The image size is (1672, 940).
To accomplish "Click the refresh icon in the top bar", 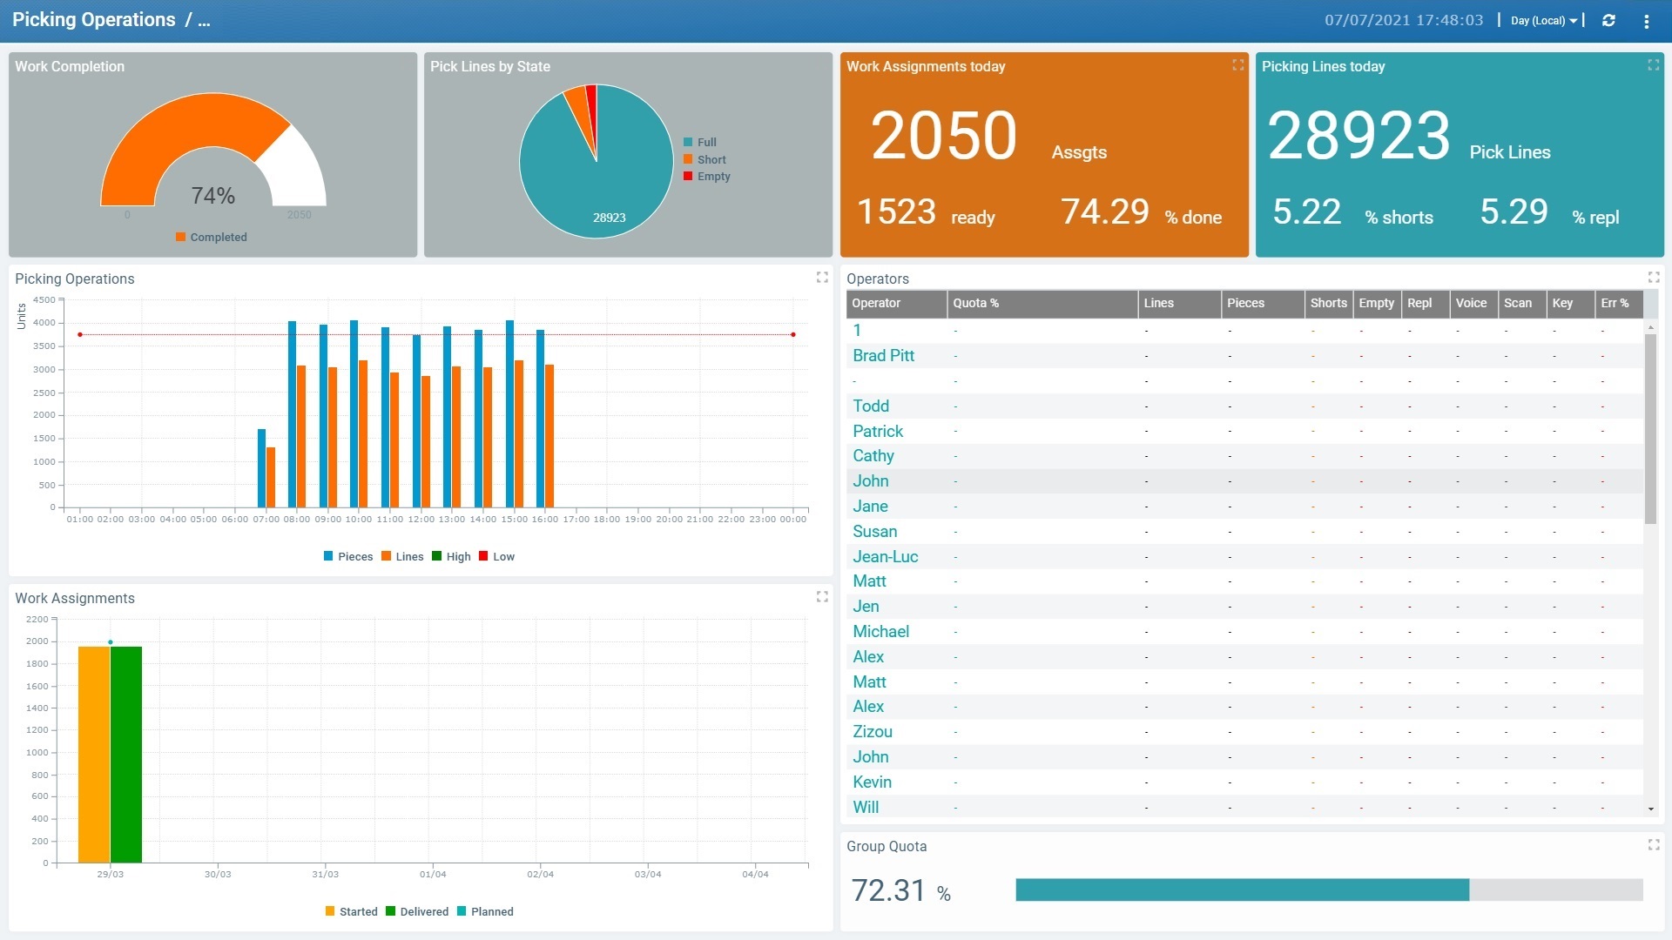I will pyautogui.click(x=1608, y=20).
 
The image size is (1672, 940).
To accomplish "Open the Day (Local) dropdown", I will pyautogui.click(x=1543, y=21).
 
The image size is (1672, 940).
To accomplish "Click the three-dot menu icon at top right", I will pyautogui.click(x=1646, y=21).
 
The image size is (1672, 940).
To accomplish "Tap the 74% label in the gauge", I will pyautogui.click(x=213, y=196).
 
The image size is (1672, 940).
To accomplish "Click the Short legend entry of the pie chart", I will pyautogui.click(x=711, y=159).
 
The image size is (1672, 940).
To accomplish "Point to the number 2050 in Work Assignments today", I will pyautogui.click(x=944, y=137).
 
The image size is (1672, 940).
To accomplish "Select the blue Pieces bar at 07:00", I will pyautogui.click(x=261, y=467).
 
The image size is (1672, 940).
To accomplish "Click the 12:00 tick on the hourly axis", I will pyautogui.click(x=421, y=519).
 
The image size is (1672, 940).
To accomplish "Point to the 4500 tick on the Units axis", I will pyautogui.click(x=44, y=299).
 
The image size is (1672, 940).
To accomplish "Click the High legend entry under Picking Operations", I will pyautogui.click(x=457, y=557).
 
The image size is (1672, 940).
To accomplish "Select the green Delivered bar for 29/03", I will pyautogui.click(x=126, y=754).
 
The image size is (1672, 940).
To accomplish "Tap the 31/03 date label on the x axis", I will pyautogui.click(x=325, y=874).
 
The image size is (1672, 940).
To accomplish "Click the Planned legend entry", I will pyautogui.click(x=491, y=912).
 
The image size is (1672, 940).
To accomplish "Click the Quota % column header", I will pyautogui.click(x=975, y=303).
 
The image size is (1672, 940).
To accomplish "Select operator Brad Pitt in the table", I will pyautogui.click(x=883, y=355).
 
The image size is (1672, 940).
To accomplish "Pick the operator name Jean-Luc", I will pyautogui.click(x=885, y=556).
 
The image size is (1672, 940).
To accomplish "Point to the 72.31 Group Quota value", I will pyautogui.click(x=888, y=890).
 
